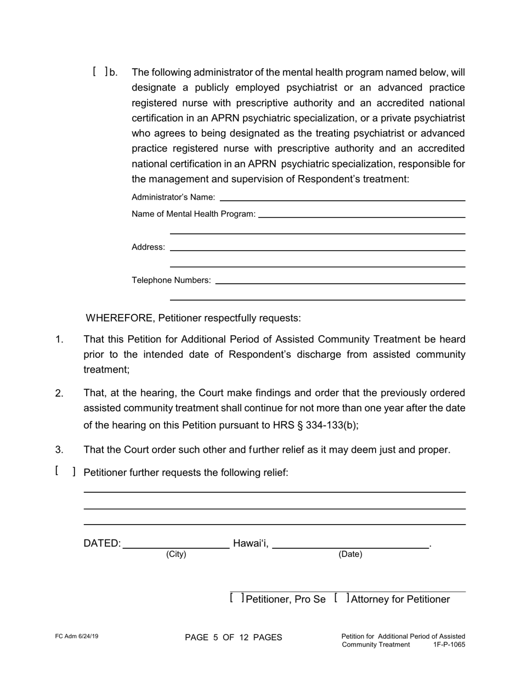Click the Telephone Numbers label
pos(171,280)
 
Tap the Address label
pos(148,248)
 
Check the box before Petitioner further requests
pos(65,471)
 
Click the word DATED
pos(101,543)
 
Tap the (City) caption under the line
pos(176,554)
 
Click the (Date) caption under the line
pos(350,554)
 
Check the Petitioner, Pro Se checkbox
pos(237,598)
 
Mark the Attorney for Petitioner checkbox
pos(341,598)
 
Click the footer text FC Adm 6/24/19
pos(77,637)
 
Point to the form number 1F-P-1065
pos(449,645)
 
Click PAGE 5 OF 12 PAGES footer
pos(234,637)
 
